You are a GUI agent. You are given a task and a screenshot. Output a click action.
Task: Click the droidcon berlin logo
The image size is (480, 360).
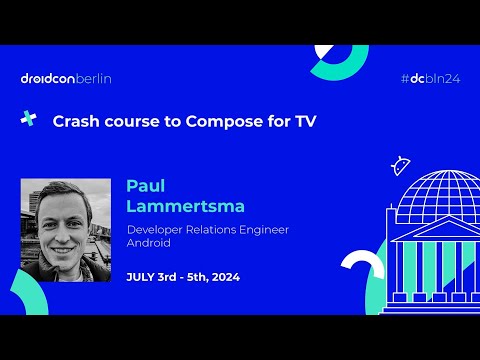click(65, 78)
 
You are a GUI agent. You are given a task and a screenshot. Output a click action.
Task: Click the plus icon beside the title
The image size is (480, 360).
click(28, 119)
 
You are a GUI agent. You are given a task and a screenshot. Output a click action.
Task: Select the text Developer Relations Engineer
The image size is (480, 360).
click(207, 230)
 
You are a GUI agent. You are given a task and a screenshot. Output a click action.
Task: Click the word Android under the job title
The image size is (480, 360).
click(150, 243)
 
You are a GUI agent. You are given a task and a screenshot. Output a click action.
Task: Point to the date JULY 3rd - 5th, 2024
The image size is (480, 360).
click(183, 276)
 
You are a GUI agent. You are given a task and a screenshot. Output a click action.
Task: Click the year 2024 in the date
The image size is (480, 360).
click(224, 276)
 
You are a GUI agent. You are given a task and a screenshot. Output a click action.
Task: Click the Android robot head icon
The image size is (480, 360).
click(402, 165)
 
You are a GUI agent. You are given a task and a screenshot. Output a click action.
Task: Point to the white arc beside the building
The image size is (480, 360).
click(362, 268)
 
